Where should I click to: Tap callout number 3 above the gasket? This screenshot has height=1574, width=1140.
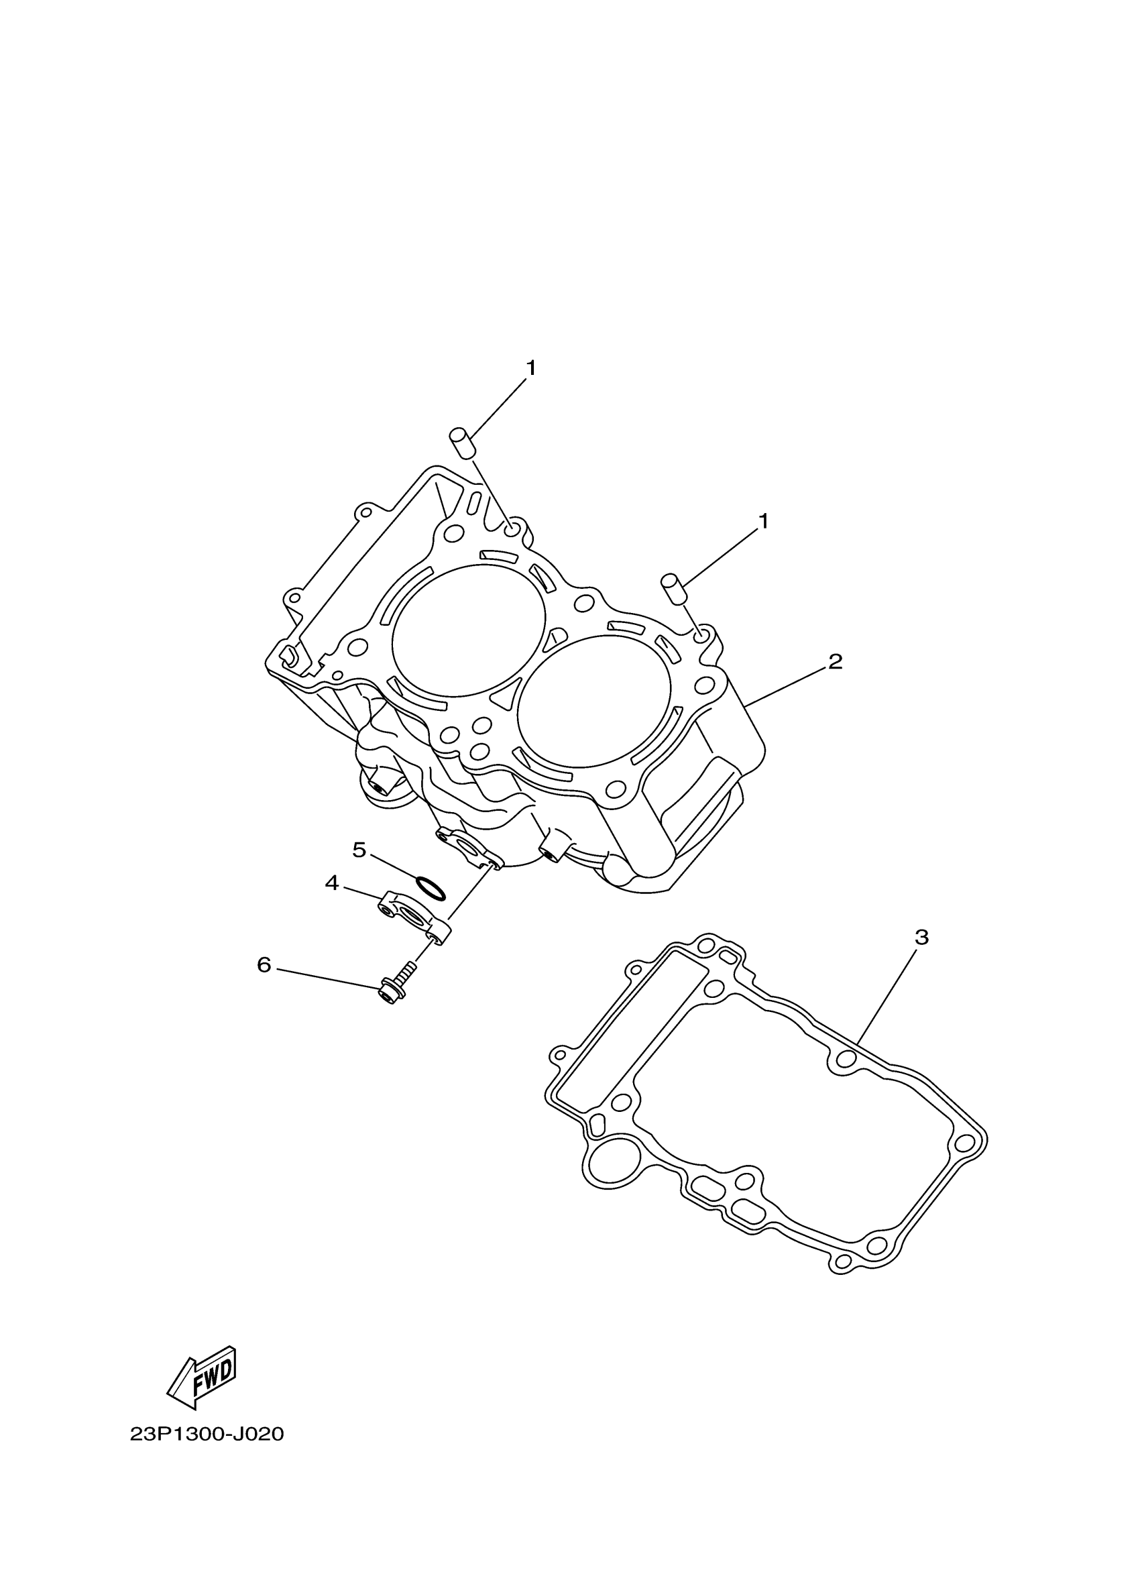tap(921, 937)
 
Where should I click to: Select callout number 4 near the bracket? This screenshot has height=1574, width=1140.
tap(332, 883)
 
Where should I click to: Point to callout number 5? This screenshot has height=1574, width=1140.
tap(359, 850)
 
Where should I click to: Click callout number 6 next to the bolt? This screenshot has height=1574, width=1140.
tap(264, 964)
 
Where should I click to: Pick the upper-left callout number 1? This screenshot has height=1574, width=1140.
tap(532, 368)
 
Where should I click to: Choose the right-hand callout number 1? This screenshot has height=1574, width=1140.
tap(764, 520)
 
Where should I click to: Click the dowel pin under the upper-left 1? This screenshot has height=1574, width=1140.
tap(461, 442)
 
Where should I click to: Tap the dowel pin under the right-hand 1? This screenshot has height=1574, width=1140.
tap(673, 589)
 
